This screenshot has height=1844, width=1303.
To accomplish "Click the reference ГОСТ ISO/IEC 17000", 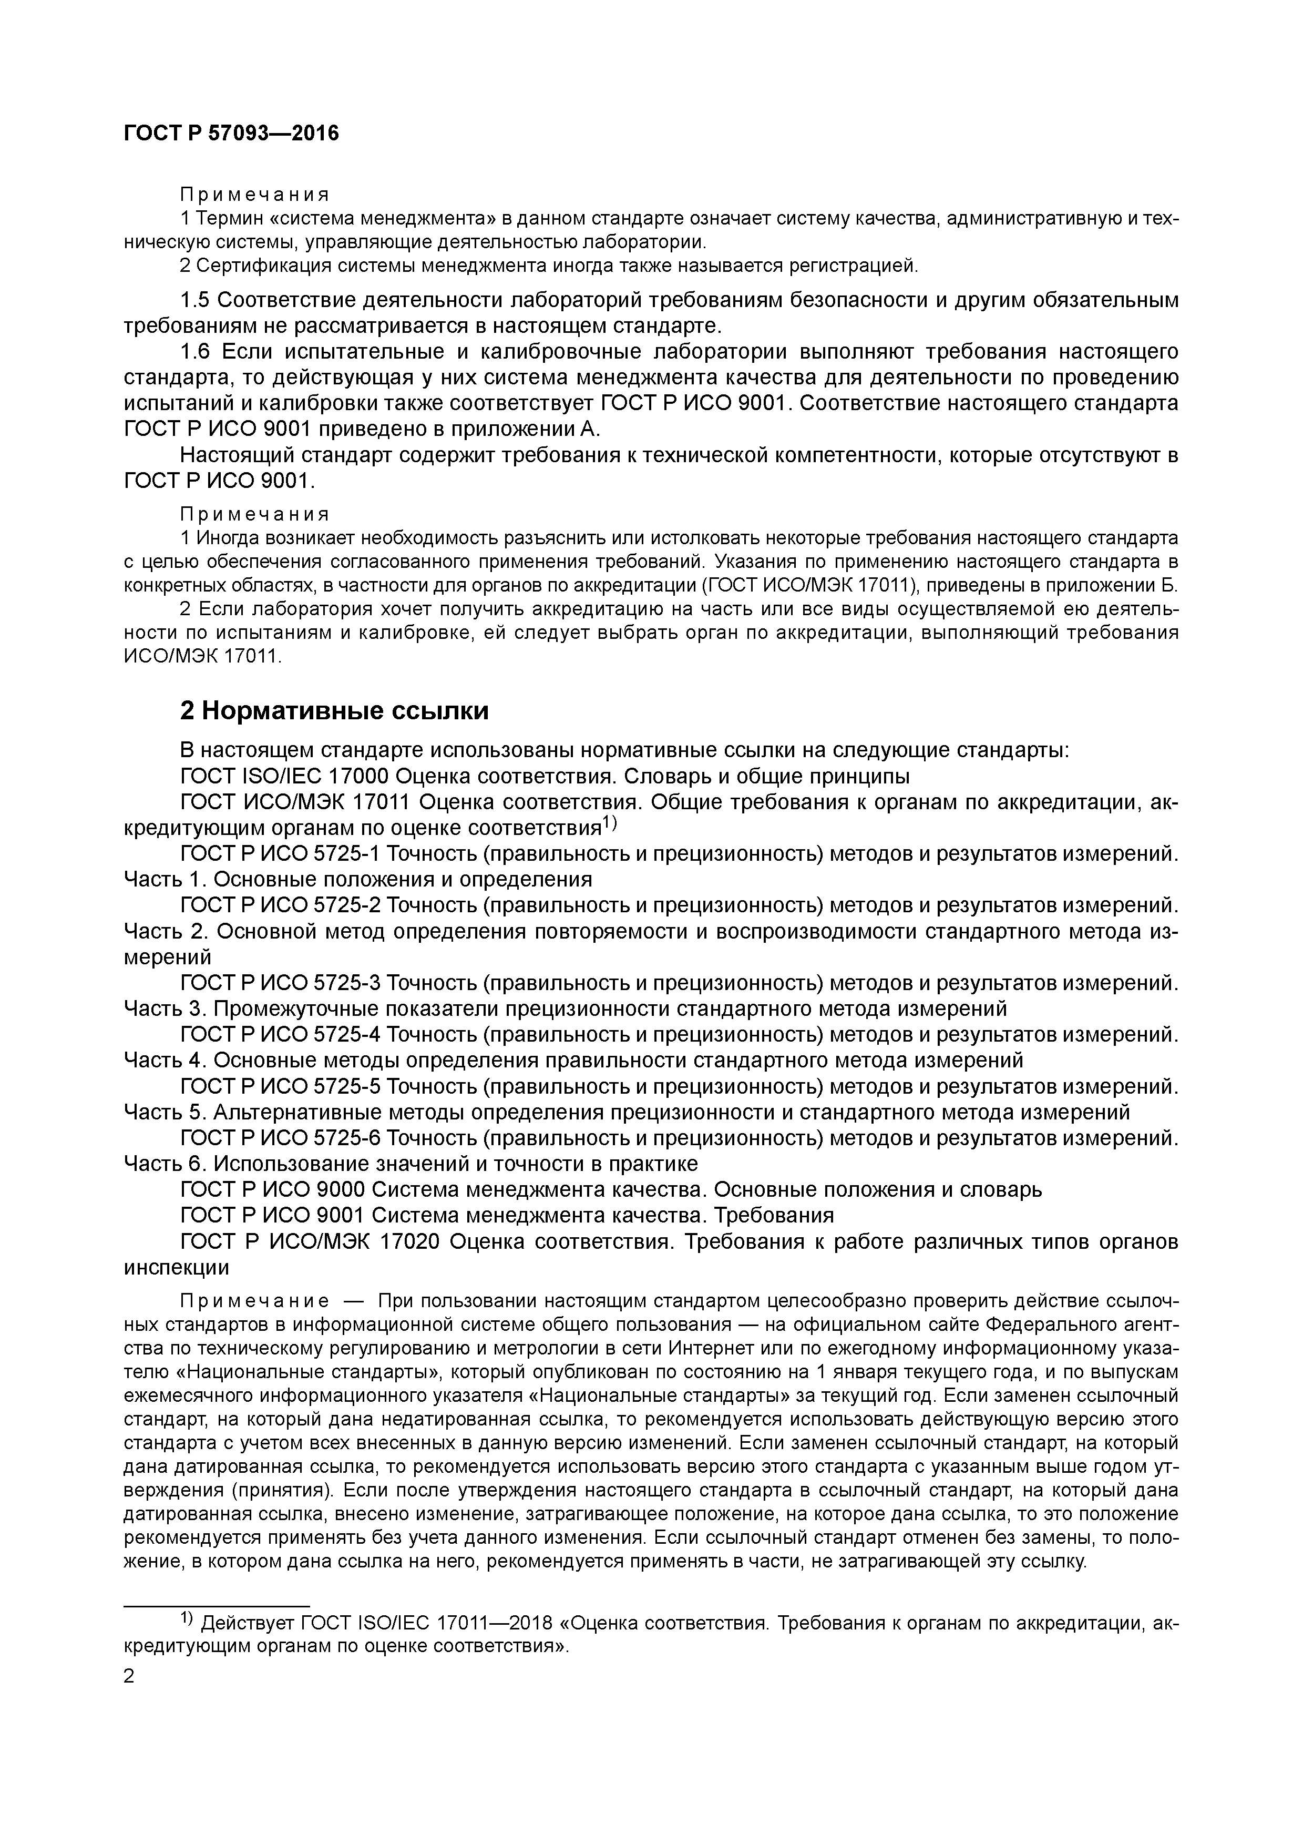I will click(x=285, y=777).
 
